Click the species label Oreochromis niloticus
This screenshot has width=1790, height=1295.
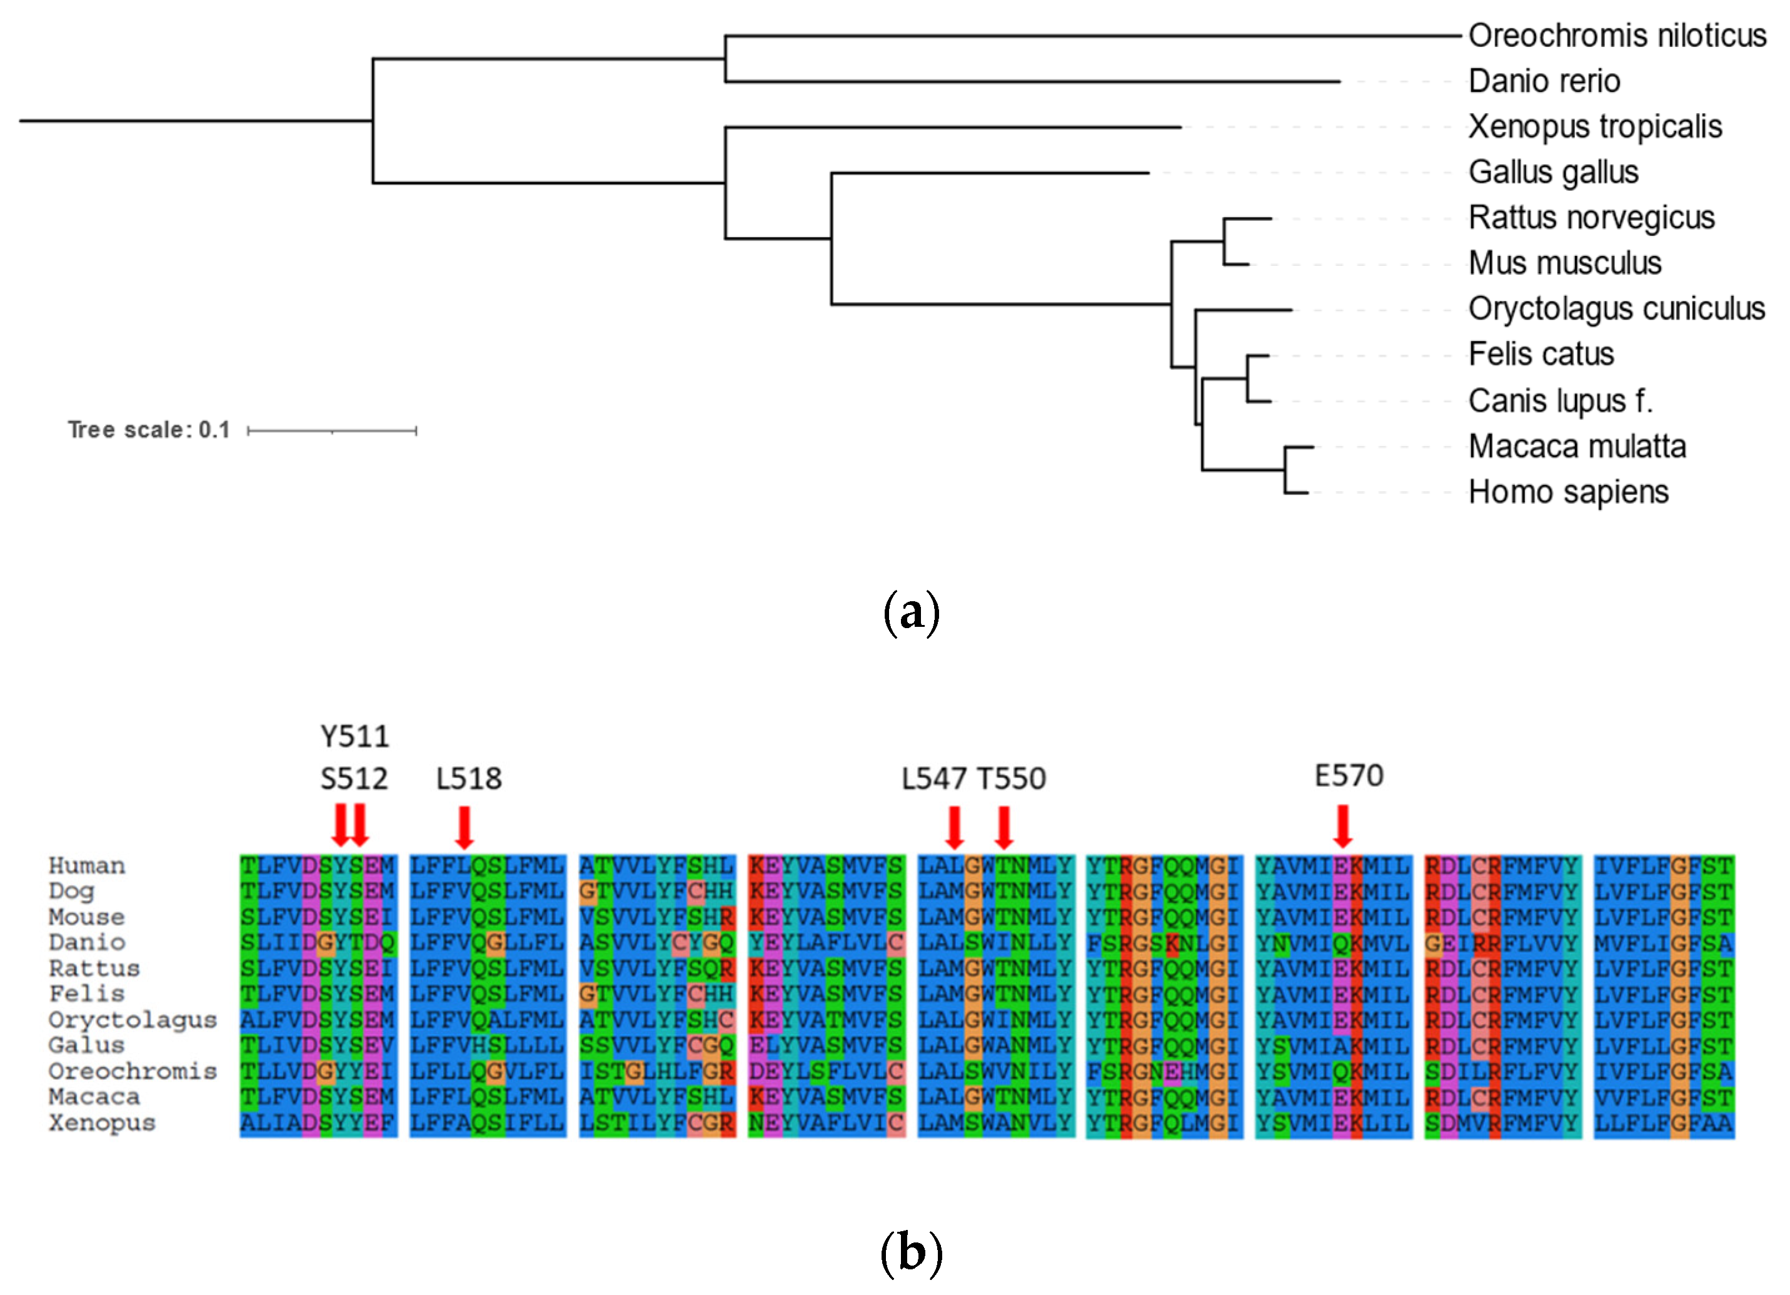(1616, 36)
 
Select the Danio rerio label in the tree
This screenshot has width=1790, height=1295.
(1544, 81)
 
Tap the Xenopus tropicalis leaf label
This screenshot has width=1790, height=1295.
(1594, 126)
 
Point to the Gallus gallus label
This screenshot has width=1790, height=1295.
(1552, 172)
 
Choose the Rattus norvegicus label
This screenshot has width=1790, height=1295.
(1591, 217)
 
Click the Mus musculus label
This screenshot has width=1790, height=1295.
(1564, 263)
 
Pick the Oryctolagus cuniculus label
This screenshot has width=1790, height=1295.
(1616, 309)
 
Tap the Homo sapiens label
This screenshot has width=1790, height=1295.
(1568, 492)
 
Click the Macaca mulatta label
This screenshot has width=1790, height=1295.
(1577, 447)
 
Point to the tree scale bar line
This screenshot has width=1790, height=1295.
(331, 430)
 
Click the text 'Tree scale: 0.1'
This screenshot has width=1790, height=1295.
(148, 430)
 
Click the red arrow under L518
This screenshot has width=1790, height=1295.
(464, 827)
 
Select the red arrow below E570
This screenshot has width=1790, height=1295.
(1342, 825)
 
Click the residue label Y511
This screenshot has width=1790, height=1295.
(354, 736)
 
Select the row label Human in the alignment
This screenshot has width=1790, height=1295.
(87, 866)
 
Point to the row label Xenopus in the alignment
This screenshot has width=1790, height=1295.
(102, 1123)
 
